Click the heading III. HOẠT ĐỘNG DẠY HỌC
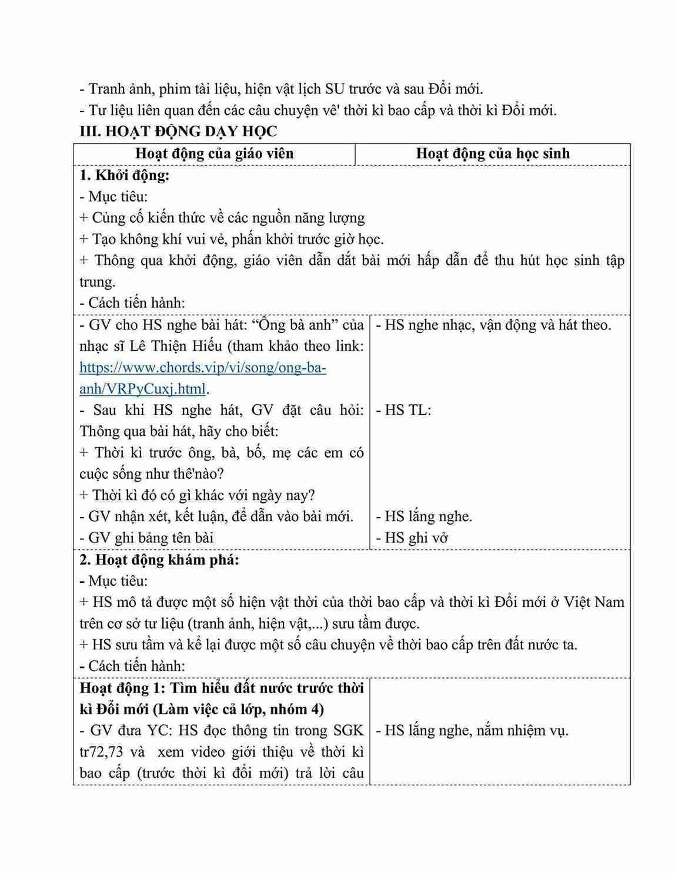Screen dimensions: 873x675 (x=178, y=132)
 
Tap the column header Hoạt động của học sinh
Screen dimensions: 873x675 (x=493, y=154)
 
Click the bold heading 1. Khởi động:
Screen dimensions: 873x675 (x=125, y=175)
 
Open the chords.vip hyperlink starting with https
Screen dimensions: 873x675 (x=203, y=368)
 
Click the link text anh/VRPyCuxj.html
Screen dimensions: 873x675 (x=143, y=389)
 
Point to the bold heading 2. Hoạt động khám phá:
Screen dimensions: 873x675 (x=159, y=560)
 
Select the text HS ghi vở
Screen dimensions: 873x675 (x=412, y=538)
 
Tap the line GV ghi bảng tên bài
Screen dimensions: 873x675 (x=146, y=538)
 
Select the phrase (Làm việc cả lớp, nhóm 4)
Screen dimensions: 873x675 (x=238, y=710)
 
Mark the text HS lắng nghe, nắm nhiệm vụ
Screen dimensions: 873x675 (x=472, y=731)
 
